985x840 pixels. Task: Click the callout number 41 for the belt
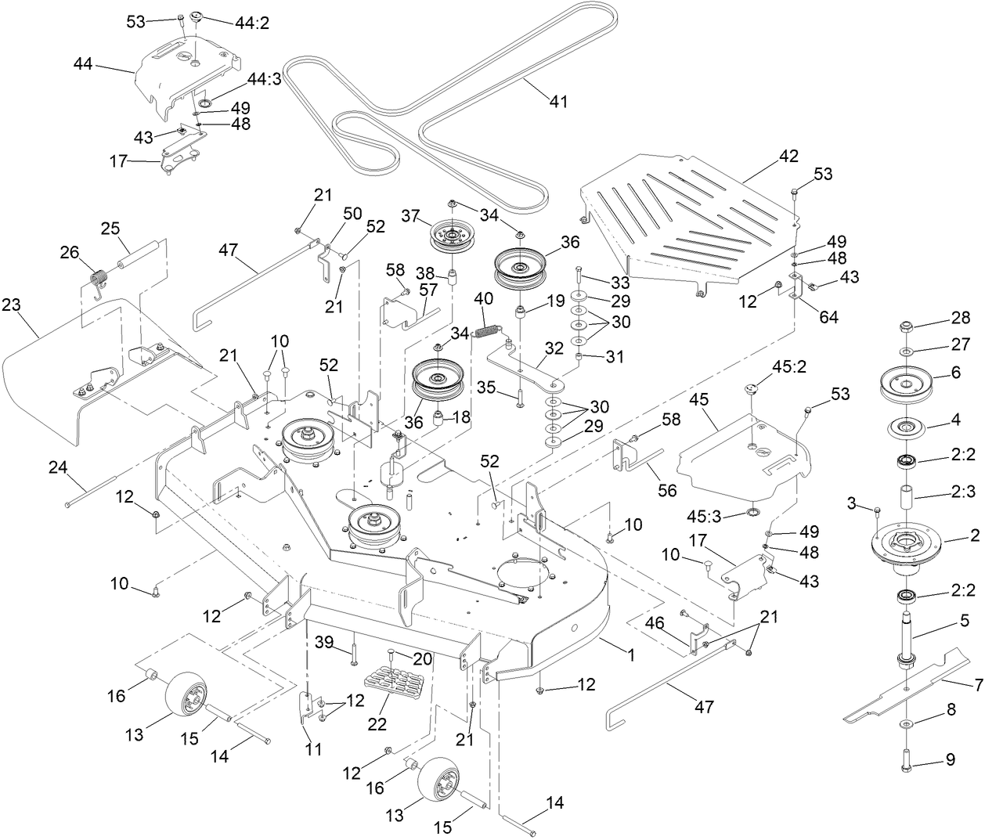558,101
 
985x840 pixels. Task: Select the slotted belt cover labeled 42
689,219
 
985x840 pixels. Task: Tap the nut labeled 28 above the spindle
906,326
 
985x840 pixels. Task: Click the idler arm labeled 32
521,368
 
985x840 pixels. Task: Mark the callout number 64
828,317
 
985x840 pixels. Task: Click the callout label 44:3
265,79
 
